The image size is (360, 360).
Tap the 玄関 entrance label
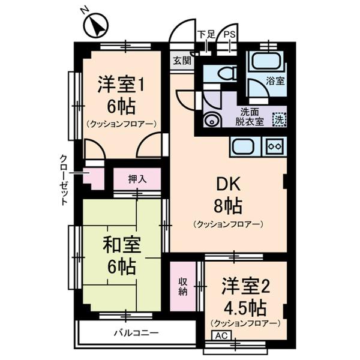pyautogui.click(x=182, y=60)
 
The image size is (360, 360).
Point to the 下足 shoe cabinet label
pyautogui.click(x=206, y=35)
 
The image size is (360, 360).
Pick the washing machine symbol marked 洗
pyautogui.click(x=279, y=118)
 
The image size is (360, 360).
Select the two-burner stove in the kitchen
pyautogui.click(x=274, y=146)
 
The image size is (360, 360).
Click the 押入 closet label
pyautogui.click(x=137, y=178)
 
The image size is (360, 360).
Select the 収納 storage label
pyautogui.click(x=183, y=287)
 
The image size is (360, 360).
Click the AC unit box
pyautogui.click(x=220, y=336)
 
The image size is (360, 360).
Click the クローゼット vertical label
pyautogui.click(x=63, y=180)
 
